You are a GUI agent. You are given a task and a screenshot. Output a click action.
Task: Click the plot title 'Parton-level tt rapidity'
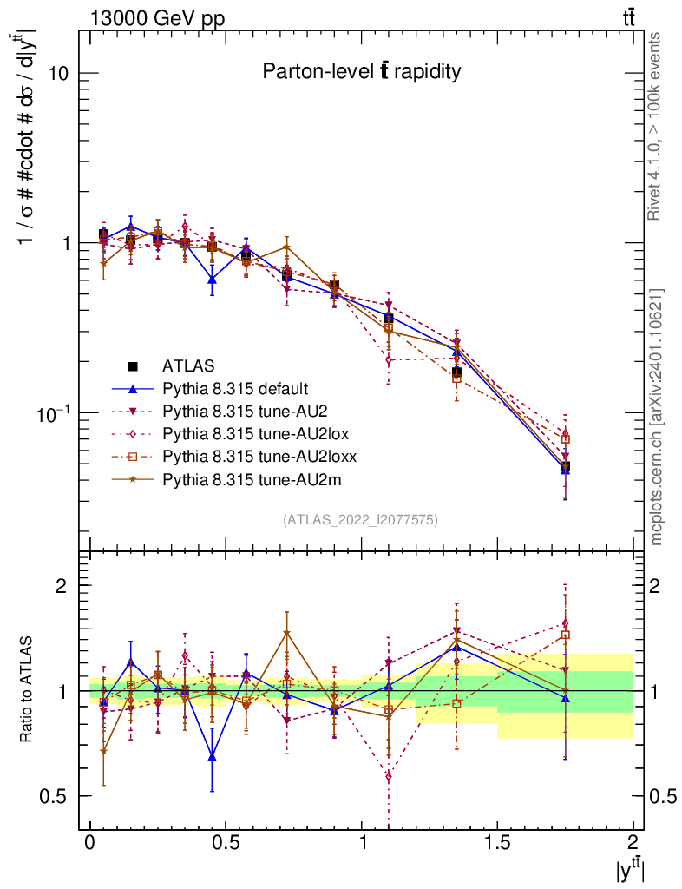[361, 72]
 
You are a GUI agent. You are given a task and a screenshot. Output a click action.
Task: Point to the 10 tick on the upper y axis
[57, 73]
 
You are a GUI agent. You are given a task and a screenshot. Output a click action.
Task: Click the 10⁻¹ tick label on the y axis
[51, 414]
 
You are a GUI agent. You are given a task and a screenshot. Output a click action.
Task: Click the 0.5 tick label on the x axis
[226, 842]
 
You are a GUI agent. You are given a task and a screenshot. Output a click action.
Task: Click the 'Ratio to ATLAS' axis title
[27, 690]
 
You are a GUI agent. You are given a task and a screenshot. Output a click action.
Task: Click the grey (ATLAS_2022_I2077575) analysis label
[360, 520]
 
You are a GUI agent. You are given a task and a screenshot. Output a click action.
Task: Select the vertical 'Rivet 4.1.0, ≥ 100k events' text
[655, 126]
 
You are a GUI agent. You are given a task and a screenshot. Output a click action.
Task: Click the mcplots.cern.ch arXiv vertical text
[655, 417]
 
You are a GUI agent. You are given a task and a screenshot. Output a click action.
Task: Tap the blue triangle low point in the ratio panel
[212, 757]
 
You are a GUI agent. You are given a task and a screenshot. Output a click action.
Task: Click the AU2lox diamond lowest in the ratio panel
[389, 776]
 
